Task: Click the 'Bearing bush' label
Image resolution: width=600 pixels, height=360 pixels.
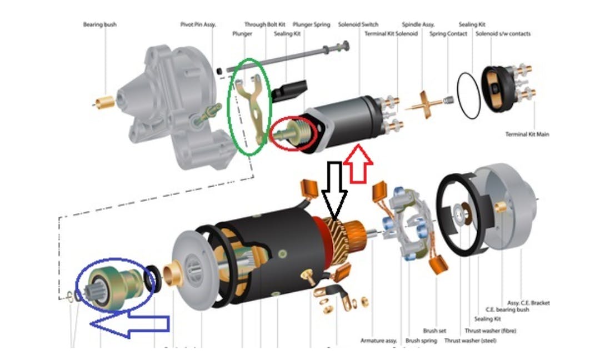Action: pyautogui.click(x=100, y=24)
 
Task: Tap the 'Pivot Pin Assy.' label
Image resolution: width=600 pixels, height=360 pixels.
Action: pyautogui.click(x=198, y=24)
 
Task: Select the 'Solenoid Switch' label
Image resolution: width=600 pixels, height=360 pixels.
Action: pyautogui.click(x=358, y=24)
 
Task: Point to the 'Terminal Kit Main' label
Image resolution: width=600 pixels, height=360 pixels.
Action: pyautogui.click(x=527, y=134)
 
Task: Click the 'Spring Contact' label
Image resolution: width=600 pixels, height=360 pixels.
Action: pyautogui.click(x=448, y=34)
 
